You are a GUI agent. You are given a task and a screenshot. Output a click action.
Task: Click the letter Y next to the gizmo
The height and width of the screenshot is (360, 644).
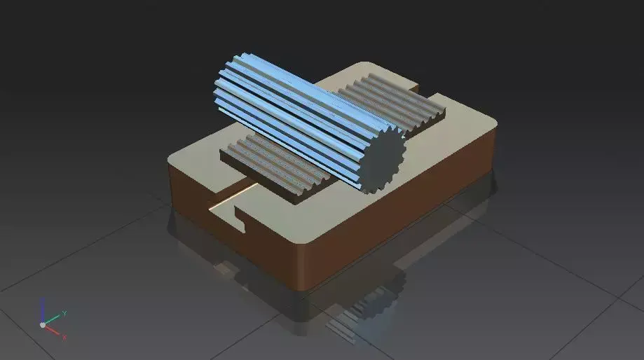point(64,313)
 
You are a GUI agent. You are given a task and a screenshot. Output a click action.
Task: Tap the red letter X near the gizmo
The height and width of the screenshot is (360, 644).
point(64,337)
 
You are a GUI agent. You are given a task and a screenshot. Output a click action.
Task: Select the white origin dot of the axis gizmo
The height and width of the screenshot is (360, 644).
point(43,325)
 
